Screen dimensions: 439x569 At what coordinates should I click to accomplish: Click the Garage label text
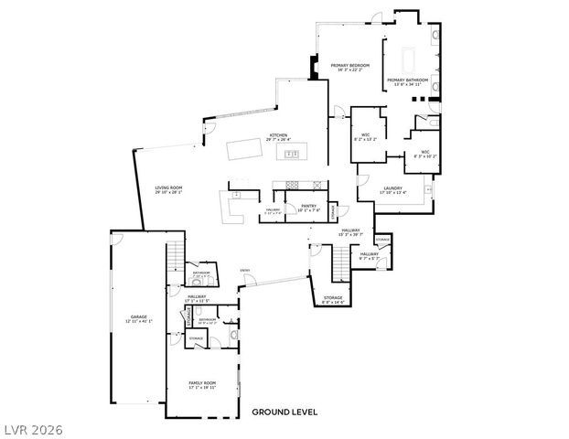point(139,319)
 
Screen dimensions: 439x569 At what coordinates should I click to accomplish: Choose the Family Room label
point(203,384)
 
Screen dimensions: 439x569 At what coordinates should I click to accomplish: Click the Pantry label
point(308,208)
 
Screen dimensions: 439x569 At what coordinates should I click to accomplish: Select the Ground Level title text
point(284,412)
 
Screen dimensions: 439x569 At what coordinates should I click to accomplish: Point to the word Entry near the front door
point(245,270)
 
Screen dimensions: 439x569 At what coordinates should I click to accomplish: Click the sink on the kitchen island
point(293,154)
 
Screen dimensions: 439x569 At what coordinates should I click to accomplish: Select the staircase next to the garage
point(175,258)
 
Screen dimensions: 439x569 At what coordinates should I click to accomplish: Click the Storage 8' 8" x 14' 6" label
point(332,299)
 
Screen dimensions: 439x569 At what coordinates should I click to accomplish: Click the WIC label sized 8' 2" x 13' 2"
point(365,138)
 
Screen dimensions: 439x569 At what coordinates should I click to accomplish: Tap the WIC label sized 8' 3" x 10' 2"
point(425,155)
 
